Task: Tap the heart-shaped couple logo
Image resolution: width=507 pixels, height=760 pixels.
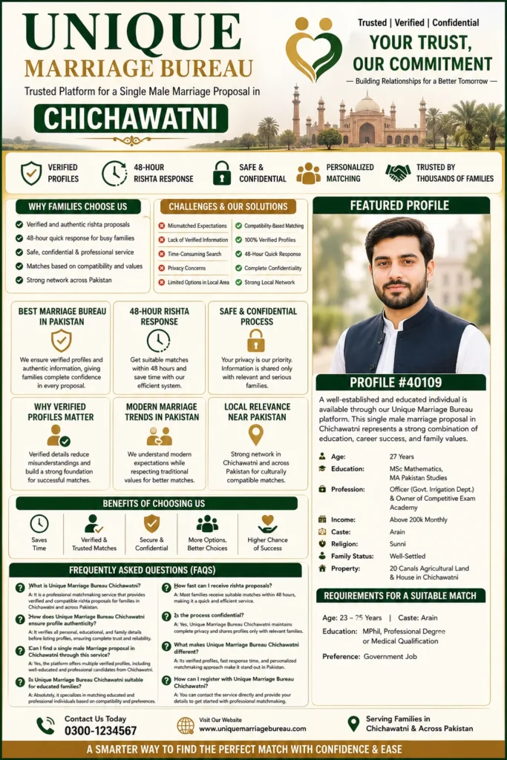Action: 313,49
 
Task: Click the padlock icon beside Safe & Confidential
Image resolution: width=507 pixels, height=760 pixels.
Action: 221,173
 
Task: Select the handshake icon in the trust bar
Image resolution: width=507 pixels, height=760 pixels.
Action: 398,173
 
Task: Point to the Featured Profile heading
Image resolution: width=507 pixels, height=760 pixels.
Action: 401,206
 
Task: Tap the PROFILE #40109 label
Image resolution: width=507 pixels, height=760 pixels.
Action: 401,383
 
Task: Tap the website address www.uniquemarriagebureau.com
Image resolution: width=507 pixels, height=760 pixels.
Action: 252,730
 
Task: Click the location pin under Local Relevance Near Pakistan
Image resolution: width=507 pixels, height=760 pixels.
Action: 256,435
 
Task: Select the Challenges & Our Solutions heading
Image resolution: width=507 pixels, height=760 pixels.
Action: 228,206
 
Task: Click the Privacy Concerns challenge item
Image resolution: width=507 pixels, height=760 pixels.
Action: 187,268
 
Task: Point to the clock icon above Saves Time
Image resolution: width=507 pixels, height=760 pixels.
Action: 39,523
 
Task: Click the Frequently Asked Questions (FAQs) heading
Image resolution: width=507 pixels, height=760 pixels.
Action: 154,570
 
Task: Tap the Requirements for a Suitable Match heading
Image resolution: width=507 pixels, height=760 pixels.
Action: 401,595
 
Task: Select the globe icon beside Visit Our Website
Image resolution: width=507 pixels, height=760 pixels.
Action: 186,725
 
